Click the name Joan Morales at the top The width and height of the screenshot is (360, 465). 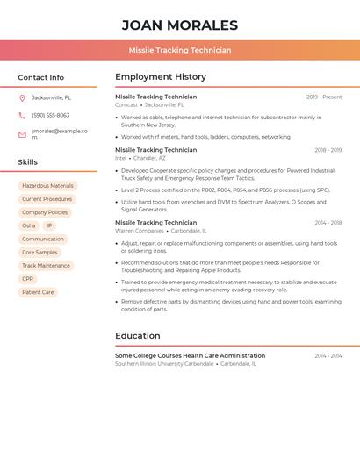[179, 25]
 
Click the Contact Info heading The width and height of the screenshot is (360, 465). [40, 77]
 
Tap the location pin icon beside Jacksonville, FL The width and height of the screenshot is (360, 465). [22, 97]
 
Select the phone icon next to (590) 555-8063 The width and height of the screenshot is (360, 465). [22, 115]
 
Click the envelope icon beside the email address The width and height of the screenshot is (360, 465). [22, 134]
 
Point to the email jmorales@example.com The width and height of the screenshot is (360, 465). [60, 133]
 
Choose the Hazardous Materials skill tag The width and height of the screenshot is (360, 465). [47, 186]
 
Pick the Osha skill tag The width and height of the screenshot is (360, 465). [29, 225]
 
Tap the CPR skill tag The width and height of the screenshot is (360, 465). [28, 279]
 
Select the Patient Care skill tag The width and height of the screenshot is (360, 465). [38, 292]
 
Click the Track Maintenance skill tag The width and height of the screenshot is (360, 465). [46, 266]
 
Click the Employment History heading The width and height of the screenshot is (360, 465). [161, 77]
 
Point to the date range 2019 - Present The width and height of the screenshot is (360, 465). [324, 97]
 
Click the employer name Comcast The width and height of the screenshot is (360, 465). [126, 104]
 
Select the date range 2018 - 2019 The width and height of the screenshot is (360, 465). [328, 150]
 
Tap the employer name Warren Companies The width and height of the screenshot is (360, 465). [140, 231]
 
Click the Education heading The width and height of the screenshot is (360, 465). [138, 335]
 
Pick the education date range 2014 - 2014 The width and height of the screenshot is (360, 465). [328, 355]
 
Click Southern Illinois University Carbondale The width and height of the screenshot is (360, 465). [164, 363]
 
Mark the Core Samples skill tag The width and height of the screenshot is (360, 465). [40, 253]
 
